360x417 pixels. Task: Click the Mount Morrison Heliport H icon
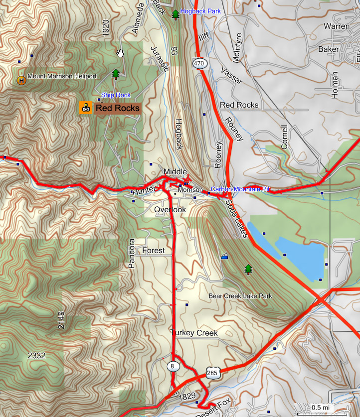point(21,80)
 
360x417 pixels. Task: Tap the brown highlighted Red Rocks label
point(117,108)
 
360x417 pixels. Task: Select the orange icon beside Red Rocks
point(86,107)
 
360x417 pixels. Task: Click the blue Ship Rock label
point(116,95)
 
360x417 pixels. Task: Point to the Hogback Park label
point(200,11)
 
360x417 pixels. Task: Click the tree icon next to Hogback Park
point(175,14)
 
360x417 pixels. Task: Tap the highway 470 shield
point(199,63)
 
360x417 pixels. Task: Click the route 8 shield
point(173,367)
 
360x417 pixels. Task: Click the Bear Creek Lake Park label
point(240,296)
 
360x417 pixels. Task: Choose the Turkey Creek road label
point(194,333)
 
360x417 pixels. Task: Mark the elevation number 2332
point(36,355)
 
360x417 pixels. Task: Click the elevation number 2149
point(61,319)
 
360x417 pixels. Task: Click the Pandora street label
point(132,254)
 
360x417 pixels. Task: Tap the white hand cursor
point(120,53)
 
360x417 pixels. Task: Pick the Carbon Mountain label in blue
point(240,189)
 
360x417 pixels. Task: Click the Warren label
point(337,26)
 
